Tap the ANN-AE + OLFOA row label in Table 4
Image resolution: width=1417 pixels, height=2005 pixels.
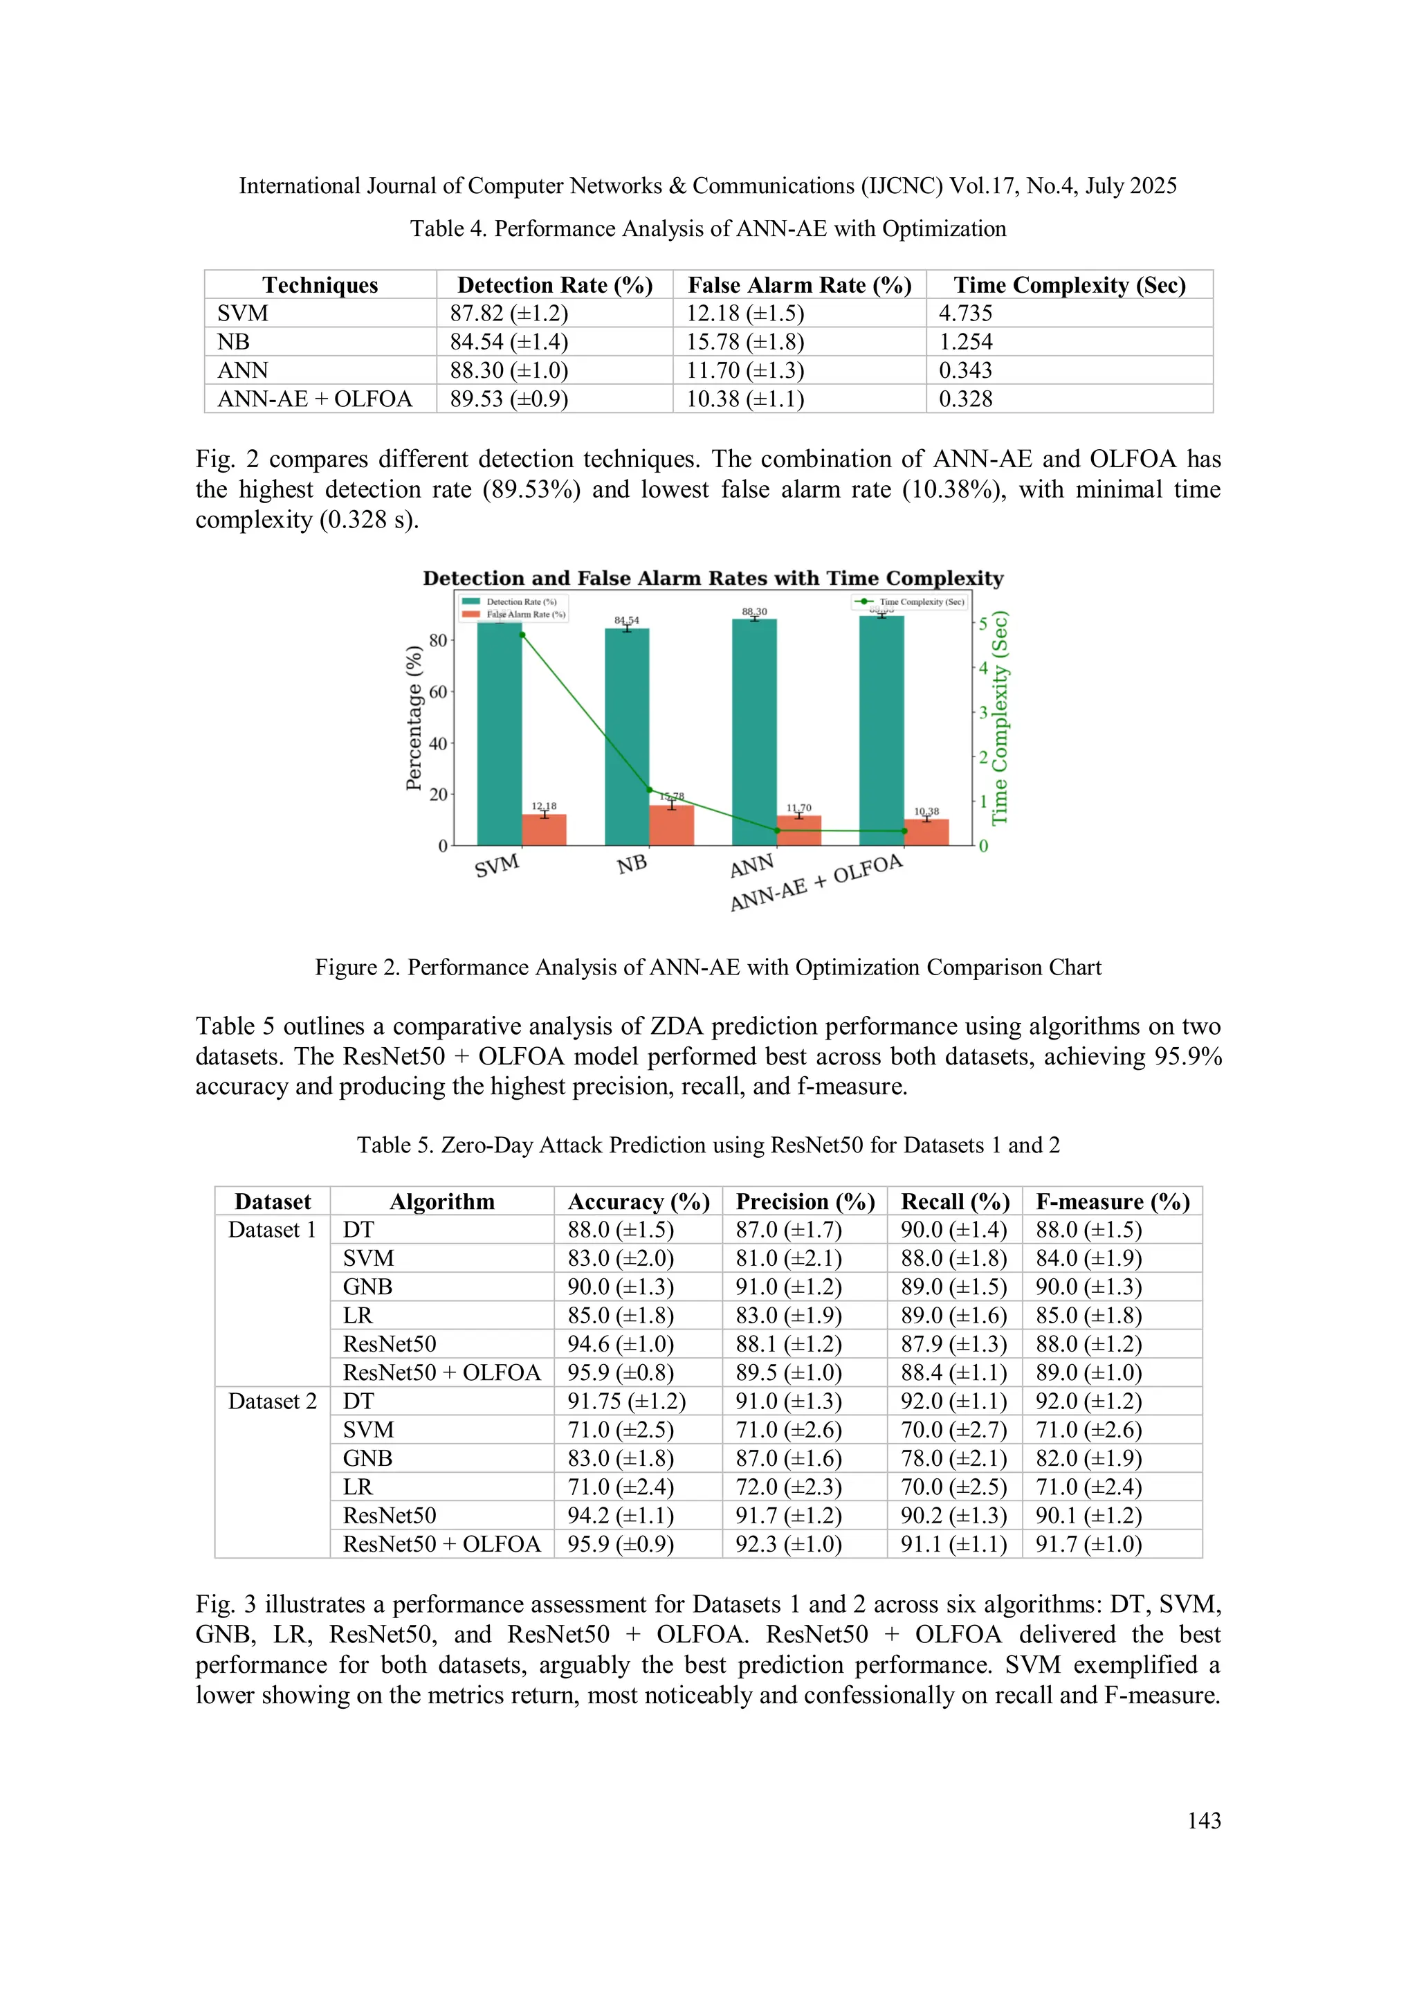point(314,399)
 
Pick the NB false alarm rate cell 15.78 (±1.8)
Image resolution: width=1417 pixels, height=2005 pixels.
point(744,341)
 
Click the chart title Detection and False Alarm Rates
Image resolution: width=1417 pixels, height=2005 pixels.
point(713,578)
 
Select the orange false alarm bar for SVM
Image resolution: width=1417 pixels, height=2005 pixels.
point(544,830)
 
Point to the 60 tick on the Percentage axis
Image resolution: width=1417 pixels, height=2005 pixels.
point(437,691)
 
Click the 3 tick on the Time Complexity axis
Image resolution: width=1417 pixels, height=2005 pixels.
point(983,713)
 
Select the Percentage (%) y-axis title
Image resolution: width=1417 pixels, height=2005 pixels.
point(414,718)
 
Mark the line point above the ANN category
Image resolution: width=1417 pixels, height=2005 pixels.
point(777,830)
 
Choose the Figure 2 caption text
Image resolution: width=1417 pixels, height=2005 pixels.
point(708,968)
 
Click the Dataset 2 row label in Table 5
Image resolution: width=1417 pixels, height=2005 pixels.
point(271,1401)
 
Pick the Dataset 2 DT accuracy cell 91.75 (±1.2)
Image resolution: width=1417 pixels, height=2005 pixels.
point(626,1401)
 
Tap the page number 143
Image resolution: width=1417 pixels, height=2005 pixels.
point(1203,1820)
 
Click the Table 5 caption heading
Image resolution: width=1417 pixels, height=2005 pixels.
point(708,1145)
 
